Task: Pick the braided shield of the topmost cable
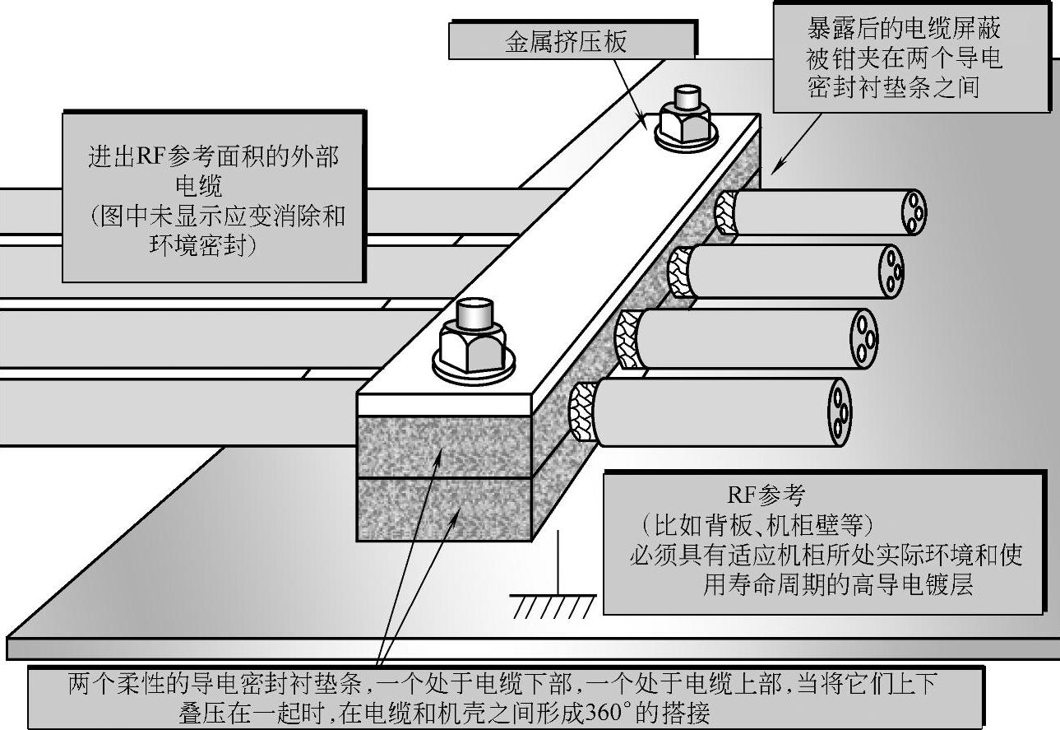[x=726, y=214]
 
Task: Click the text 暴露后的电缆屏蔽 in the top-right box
[x=905, y=30]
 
